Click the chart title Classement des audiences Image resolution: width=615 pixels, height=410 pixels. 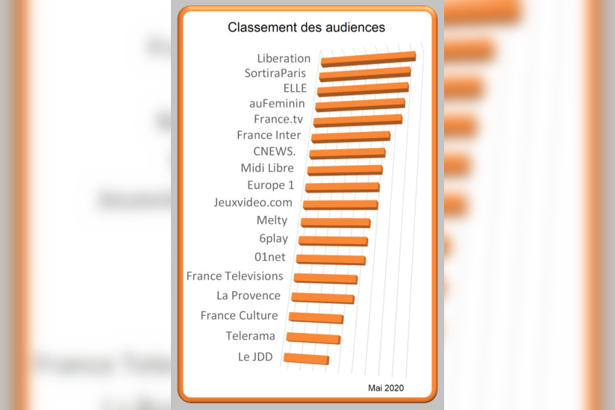[x=306, y=28]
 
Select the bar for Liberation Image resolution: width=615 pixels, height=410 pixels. [x=368, y=58]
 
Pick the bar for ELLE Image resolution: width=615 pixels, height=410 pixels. [x=363, y=90]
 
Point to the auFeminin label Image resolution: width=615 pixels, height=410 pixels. [x=276, y=104]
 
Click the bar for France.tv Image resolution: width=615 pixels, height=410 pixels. [x=358, y=121]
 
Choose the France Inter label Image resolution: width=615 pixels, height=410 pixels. [x=269, y=135]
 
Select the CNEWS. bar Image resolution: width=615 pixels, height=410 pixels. [x=347, y=153]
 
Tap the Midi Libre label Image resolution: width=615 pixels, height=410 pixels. [x=266, y=168]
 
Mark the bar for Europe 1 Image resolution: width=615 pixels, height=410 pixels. [x=343, y=187]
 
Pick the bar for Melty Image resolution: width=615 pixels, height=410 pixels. [x=335, y=223]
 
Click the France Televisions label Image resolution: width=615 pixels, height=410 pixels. [x=234, y=276]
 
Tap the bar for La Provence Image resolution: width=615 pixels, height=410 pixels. [x=322, y=298]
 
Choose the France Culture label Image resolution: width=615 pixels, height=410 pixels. [x=239, y=316]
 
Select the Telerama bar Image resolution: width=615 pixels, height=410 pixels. [x=313, y=338]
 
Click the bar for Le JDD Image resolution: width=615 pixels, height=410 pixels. [x=306, y=359]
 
